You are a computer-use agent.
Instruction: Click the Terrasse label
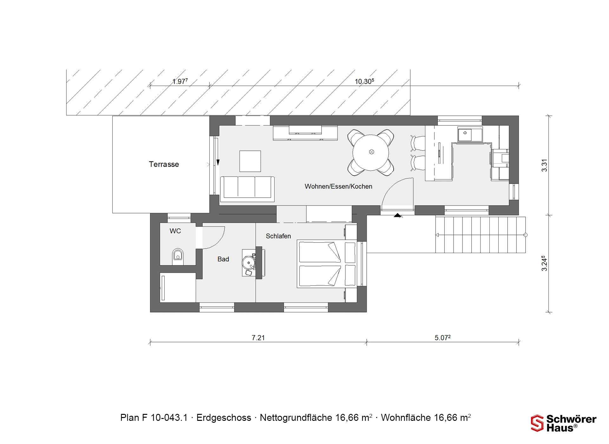click(x=164, y=164)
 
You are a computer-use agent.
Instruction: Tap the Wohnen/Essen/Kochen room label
click(x=338, y=186)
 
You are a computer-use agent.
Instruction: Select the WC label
click(x=175, y=231)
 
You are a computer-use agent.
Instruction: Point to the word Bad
click(x=223, y=259)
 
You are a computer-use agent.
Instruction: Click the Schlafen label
click(x=278, y=236)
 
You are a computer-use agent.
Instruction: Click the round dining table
click(x=371, y=152)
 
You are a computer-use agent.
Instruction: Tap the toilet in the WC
click(x=178, y=256)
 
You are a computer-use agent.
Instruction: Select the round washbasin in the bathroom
click(x=248, y=263)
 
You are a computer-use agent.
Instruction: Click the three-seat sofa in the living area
click(x=247, y=189)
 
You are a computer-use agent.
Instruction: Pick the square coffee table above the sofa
click(x=250, y=161)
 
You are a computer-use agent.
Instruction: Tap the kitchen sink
click(x=470, y=134)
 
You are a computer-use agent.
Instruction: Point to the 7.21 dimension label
click(x=258, y=338)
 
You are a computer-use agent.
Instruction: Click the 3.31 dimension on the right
click(x=544, y=165)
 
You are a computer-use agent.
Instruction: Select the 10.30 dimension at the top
click(x=364, y=82)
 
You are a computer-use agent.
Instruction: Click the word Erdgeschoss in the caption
click(x=224, y=418)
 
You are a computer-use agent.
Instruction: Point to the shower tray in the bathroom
click(x=178, y=287)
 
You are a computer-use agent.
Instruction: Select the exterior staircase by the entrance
click(x=481, y=235)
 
